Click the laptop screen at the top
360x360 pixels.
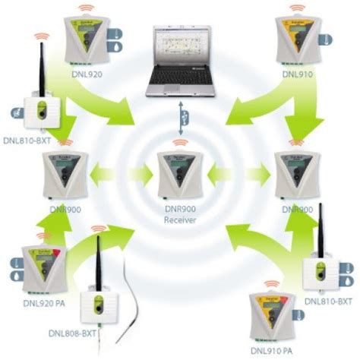pos(179,49)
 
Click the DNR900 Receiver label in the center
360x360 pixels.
pos(180,214)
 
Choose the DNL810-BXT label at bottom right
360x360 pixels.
pos(328,302)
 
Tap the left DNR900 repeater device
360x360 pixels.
pos(64,175)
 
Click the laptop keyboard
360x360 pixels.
pos(179,84)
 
